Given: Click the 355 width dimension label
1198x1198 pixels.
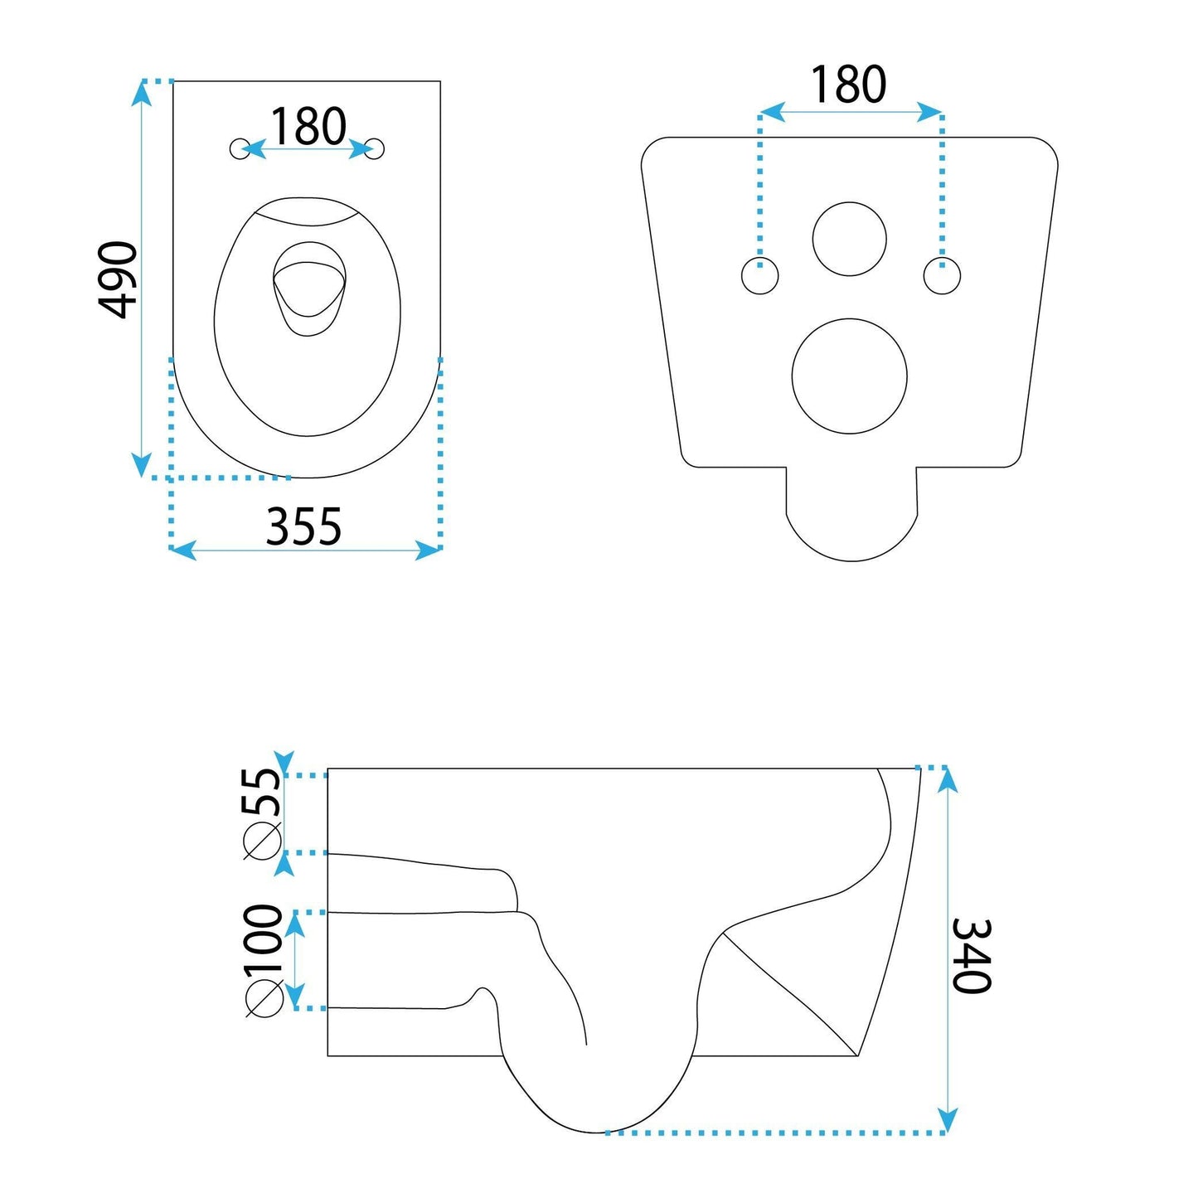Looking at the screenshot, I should pyautogui.click(x=303, y=526).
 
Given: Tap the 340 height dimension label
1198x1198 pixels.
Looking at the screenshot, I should pyautogui.click(x=971, y=955).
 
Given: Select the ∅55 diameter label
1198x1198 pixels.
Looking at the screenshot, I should pyautogui.click(x=263, y=812).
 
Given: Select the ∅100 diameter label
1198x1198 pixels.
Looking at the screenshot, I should pyautogui.click(x=264, y=960).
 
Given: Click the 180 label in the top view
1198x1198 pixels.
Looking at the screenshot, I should pyautogui.click(x=308, y=127).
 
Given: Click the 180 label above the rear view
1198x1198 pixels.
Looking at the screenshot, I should pyautogui.click(x=848, y=85).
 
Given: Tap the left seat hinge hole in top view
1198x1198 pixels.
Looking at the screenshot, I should pyautogui.click(x=239, y=148).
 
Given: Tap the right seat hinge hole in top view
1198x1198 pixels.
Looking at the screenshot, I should pyautogui.click(x=376, y=148).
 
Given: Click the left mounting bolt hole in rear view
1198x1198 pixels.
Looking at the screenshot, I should pyautogui.click(x=759, y=276).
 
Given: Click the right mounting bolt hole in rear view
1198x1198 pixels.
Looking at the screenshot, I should pyautogui.click(x=942, y=276).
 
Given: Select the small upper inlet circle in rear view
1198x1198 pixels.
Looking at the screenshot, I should pyautogui.click(x=850, y=239).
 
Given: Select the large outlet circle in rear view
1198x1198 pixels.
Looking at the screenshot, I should pyautogui.click(x=850, y=376).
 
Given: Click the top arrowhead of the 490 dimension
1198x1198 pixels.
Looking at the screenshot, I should pyautogui.click(x=142, y=92).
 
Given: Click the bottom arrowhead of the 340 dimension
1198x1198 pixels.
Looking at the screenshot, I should pyautogui.click(x=947, y=1121).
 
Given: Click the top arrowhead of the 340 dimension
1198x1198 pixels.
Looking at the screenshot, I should pyautogui.click(x=947, y=779).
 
